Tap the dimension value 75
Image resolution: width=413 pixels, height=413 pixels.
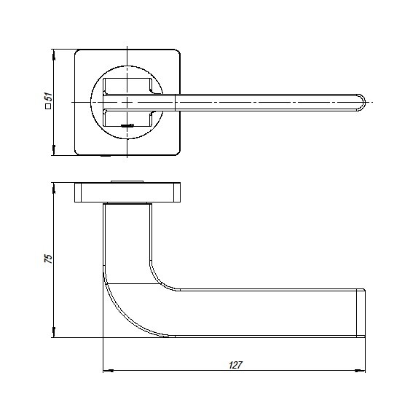click(49, 259)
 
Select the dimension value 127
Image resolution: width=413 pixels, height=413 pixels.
click(235, 364)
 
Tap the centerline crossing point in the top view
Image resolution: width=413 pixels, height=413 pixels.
click(127, 102)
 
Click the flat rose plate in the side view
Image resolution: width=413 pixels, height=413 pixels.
click(127, 192)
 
